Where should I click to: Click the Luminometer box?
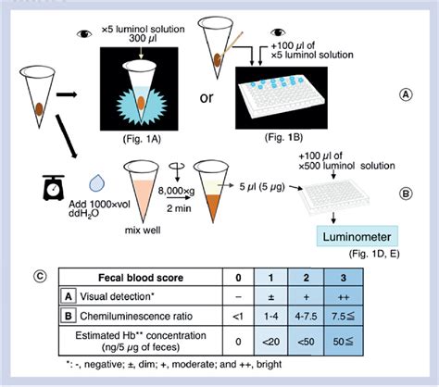tap(357, 236)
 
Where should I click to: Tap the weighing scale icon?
tap(54, 188)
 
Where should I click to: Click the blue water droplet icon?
tap(97, 183)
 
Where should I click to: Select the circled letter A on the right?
tap(406, 94)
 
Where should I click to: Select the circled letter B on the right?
tap(406, 193)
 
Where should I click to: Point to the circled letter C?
tap(40, 276)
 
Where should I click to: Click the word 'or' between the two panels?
tap(207, 98)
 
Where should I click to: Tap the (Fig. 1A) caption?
tap(142, 139)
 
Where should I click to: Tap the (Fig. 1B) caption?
tap(283, 137)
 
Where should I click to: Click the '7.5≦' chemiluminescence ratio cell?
tap(344, 316)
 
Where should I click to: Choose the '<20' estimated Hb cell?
tap(271, 341)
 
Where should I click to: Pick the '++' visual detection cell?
tap(344, 296)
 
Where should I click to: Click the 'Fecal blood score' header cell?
tap(141, 278)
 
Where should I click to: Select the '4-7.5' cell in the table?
tap(307, 316)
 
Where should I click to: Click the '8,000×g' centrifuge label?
tap(177, 191)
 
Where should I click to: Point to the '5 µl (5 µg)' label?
tap(262, 187)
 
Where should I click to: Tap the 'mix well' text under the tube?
tap(143, 231)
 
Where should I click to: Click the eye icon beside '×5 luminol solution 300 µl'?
tap(84, 33)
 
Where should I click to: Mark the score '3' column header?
tap(344, 278)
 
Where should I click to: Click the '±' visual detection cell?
tap(271, 296)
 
